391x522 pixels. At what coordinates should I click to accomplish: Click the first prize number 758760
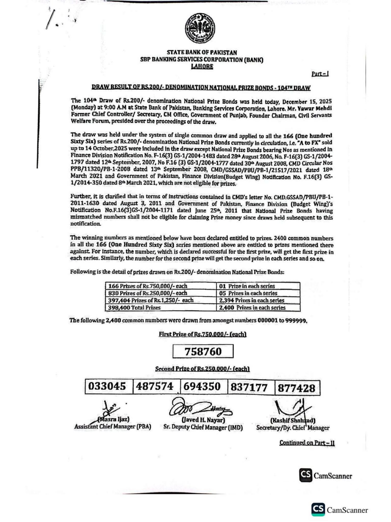(203, 351)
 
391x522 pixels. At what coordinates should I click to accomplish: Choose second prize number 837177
(249, 387)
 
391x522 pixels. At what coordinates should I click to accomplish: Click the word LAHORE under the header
(202, 67)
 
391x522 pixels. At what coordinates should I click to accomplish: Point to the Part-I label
(320, 74)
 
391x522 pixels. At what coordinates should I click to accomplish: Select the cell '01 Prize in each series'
(258, 286)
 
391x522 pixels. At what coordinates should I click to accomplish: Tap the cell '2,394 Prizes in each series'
(258, 300)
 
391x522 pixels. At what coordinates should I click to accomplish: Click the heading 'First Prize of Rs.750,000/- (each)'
(203, 334)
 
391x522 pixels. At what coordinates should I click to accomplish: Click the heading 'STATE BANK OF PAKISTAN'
(202, 53)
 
